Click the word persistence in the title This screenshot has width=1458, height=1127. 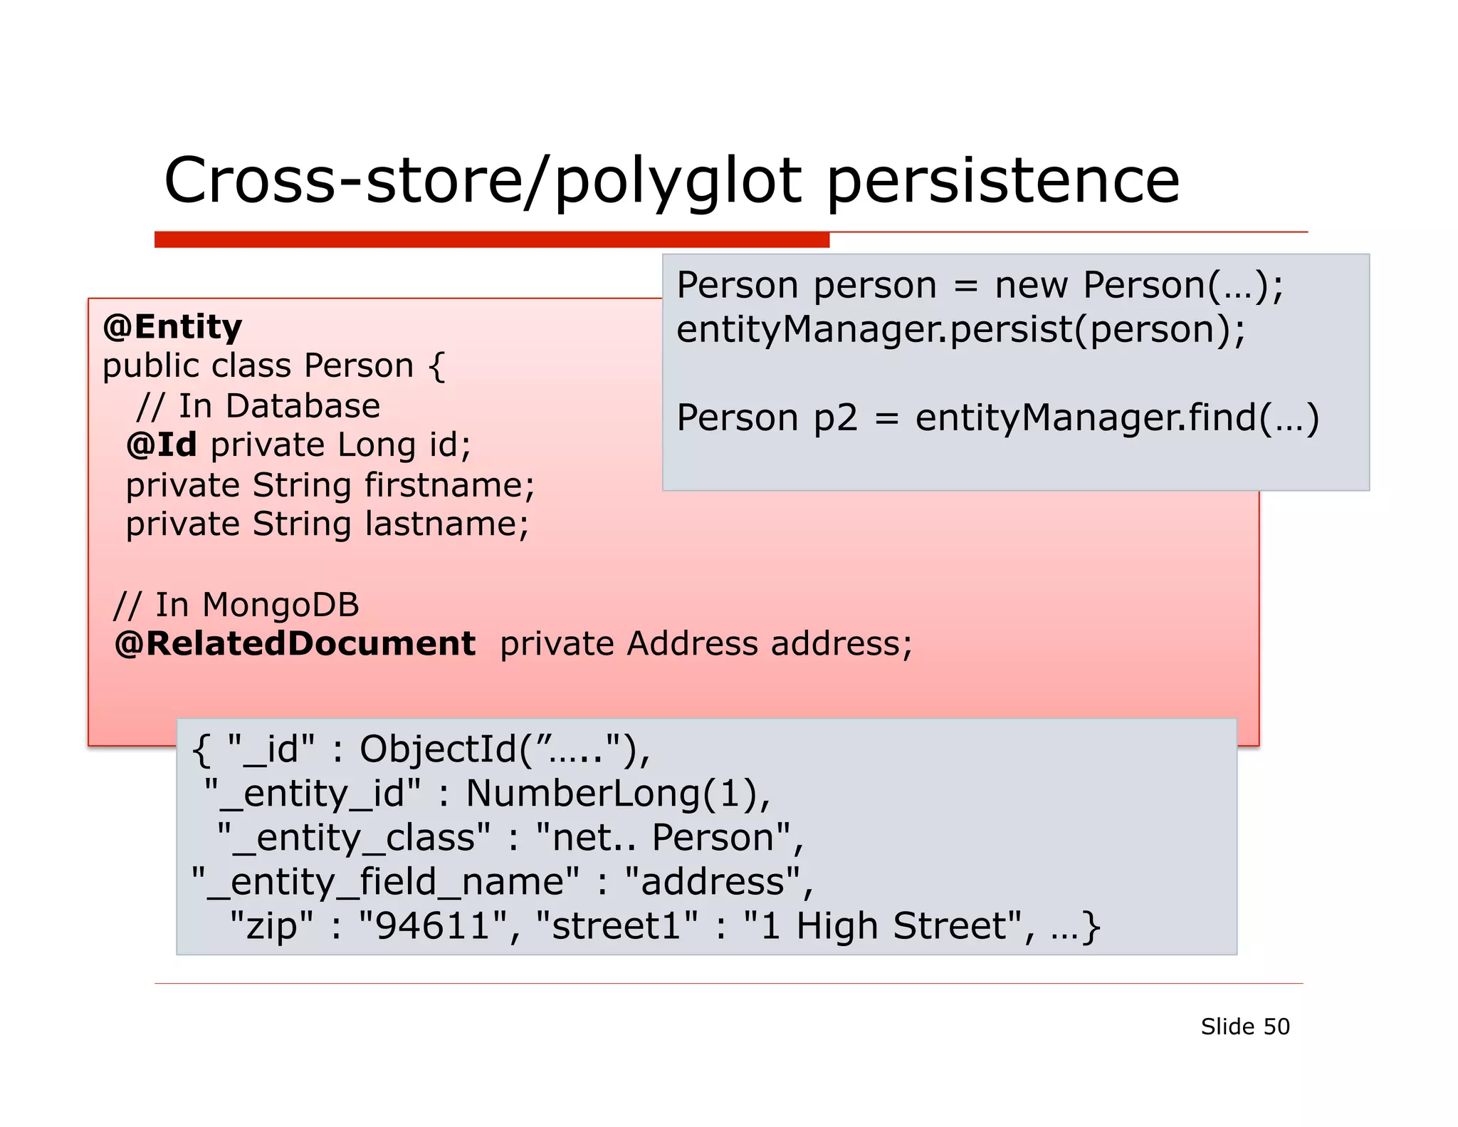[1002, 182]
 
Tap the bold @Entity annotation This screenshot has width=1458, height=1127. [172, 327]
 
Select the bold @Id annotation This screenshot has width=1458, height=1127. [162, 445]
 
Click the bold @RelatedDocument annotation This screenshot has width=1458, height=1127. [295, 644]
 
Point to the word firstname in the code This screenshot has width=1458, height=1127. [449, 486]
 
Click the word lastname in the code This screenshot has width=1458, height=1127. [446, 525]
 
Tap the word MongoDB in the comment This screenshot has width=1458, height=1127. [280, 606]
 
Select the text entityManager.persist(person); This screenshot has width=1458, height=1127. [960, 330]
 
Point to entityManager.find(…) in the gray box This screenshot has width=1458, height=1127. [1117, 417]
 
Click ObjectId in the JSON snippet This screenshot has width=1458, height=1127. [437, 749]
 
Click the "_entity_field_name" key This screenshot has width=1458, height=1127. [385, 882]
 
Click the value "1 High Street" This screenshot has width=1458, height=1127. [882, 926]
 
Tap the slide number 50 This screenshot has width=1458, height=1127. [1276, 1027]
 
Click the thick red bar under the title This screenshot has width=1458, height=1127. [491, 239]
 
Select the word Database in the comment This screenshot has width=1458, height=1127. [303, 406]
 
